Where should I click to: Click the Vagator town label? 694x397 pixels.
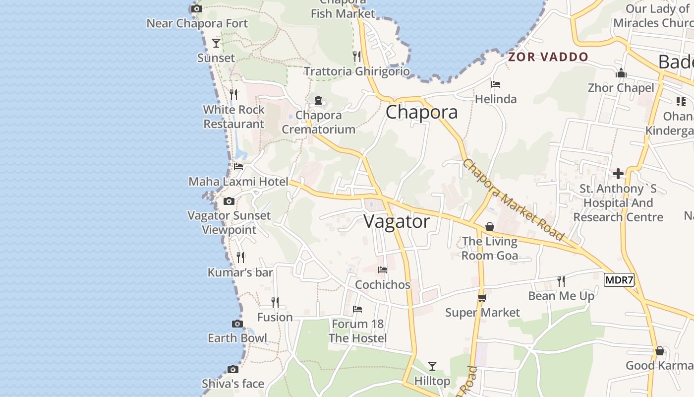click(397, 221)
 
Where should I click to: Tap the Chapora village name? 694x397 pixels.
click(421, 112)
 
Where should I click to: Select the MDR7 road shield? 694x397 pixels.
click(619, 280)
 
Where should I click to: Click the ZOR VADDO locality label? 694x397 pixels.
click(548, 57)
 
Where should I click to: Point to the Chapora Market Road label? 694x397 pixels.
click(514, 199)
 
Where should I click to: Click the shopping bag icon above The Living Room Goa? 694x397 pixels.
click(490, 227)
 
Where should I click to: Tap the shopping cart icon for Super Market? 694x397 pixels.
click(482, 298)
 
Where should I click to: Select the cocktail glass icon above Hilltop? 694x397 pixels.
click(432, 366)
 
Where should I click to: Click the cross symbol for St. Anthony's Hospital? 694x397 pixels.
click(618, 174)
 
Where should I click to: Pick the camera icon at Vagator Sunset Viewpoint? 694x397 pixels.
click(229, 201)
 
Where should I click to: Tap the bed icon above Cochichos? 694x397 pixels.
click(383, 270)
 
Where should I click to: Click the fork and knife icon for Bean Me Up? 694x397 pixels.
click(561, 281)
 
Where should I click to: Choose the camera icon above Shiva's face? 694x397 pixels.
click(233, 369)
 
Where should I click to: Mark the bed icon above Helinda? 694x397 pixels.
click(496, 84)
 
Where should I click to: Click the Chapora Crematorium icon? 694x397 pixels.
click(318, 100)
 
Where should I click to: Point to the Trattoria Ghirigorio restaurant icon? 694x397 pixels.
click(357, 57)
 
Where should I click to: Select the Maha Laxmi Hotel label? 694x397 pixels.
click(238, 182)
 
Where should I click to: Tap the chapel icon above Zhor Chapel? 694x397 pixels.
click(621, 73)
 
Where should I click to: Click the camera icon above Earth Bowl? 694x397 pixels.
click(237, 324)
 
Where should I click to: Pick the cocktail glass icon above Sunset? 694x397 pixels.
click(216, 43)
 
